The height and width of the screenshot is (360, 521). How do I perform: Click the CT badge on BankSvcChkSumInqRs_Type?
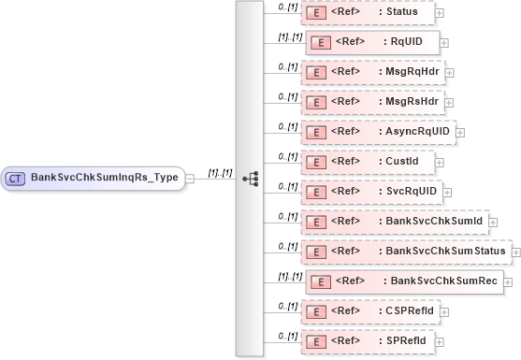pyautogui.click(x=16, y=177)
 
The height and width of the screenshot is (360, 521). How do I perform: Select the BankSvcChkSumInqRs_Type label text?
pyautogui.click(x=104, y=177)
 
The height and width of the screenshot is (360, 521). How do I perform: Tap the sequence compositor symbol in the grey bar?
pyautogui.click(x=249, y=178)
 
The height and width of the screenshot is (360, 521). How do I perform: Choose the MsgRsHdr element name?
pyautogui.click(x=416, y=100)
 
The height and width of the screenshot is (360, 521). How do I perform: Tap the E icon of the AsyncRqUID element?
pyautogui.click(x=316, y=131)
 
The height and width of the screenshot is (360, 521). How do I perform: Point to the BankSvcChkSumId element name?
pyautogui.click(x=433, y=221)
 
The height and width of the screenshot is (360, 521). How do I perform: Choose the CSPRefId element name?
pyautogui.click(x=418, y=310)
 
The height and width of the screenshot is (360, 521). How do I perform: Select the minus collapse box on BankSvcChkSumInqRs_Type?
pyautogui.click(x=190, y=177)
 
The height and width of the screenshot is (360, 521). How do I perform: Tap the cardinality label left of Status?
pyautogui.click(x=288, y=7)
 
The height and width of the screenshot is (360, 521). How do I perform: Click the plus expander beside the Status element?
pyautogui.click(x=440, y=13)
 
